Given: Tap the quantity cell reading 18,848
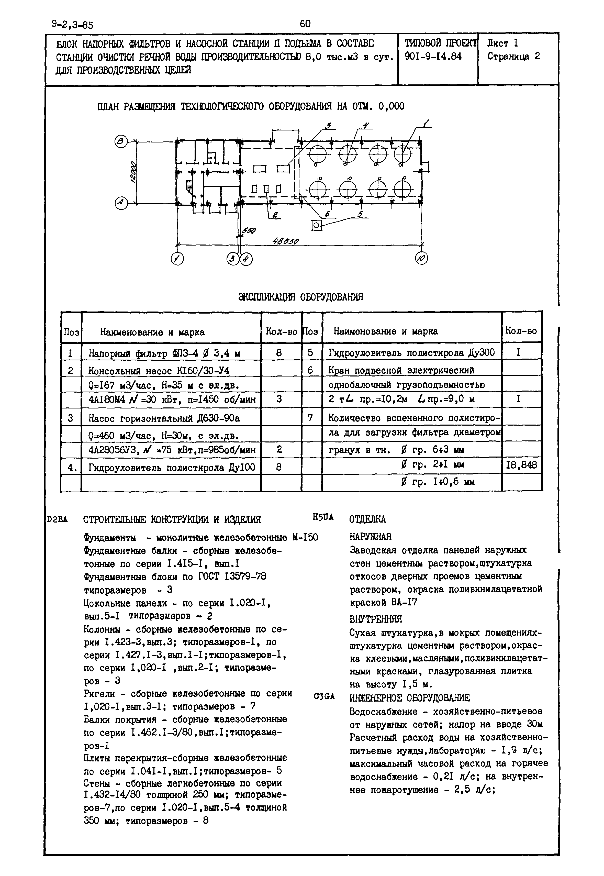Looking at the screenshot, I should pyautogui.click(x=521, y=465).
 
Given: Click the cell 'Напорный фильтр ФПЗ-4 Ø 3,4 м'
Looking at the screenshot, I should pyautogui.click(x=165, y=353).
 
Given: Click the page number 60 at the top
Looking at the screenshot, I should pyautogui.click(x=305, y=24).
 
